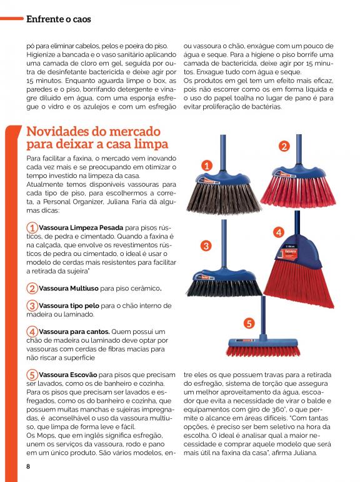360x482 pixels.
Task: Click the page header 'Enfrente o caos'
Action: tap(59, 19)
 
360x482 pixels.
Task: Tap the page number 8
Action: tap(28, 466)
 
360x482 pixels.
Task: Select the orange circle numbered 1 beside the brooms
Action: tap(207, 166)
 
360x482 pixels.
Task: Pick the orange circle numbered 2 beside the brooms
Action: tap(284, 146)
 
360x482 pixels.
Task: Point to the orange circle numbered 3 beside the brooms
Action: tap(206, 246)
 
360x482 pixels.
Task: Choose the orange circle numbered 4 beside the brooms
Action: tap(279, 232)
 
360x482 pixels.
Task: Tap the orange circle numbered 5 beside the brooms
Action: tap(249, 323)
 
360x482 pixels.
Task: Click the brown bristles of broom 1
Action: tap(224, 199)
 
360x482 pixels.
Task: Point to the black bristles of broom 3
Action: tap(224, 288)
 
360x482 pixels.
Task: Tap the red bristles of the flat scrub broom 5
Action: tap(263, 350)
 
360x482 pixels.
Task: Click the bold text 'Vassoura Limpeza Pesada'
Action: tap(81, 228)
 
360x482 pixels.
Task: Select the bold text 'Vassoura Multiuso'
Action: tap(69, 288)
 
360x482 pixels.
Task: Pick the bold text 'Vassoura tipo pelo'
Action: tap(69, 306)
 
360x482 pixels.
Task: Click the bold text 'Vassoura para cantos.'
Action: tap(74, 332)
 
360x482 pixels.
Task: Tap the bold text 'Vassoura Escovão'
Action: tap(68, 375)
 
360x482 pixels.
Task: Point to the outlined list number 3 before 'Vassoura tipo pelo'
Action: tap(32, 306)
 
